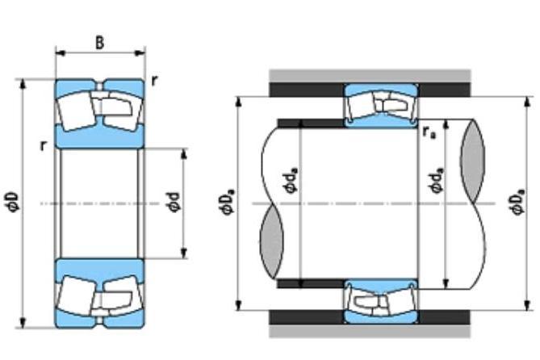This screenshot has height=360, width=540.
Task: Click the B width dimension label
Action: point(99,43)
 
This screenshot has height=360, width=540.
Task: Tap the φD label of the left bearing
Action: point(13,203)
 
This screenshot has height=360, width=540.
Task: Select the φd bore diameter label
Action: point(174,203)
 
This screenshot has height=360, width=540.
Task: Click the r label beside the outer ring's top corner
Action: point(155,81)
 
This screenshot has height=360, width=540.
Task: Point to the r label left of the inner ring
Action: point(43,146)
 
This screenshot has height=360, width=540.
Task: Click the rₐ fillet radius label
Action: point(429,132)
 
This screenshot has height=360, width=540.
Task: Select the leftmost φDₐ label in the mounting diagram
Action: point(228,203)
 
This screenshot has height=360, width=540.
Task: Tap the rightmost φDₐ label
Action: point(518,202)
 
